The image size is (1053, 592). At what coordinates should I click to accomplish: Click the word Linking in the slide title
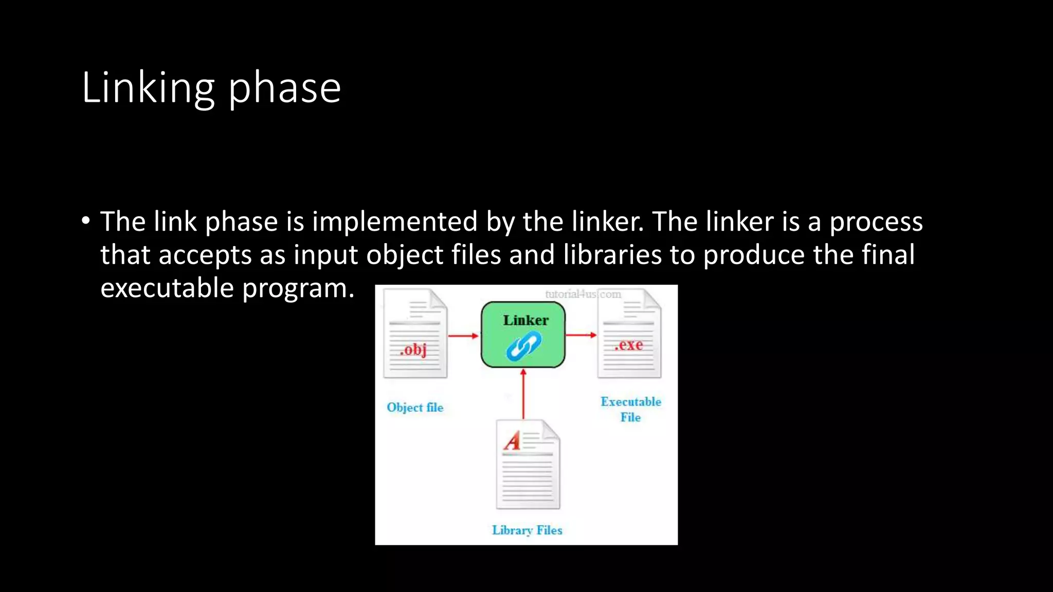click(x=148, y=88)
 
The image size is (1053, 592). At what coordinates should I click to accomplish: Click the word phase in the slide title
click(x=284, y=88)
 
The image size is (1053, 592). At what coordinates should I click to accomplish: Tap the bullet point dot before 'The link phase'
click(x=85, y=221)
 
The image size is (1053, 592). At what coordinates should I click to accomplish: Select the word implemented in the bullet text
click(x=395, y=221)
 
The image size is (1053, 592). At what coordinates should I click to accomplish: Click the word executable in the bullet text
click(x=167, y=288)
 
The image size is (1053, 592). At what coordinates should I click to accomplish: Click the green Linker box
click(x=523, y=335)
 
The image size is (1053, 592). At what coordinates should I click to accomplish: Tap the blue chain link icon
click(x=523, y=346)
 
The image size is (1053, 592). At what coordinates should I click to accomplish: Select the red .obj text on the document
click(x=414, y=349)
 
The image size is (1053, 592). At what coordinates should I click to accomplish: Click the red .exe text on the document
click(x=629, y=344)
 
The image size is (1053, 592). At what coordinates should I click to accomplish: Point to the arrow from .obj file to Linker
click(x=463, y=336)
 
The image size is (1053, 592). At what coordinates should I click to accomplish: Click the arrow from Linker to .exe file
click(x=581, y=335)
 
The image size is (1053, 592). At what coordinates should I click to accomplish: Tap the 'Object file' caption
click(x=415, y=408)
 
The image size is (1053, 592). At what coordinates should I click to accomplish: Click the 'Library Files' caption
click(x=527, y=530)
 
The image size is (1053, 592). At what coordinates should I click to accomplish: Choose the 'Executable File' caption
click(x=631, y=409)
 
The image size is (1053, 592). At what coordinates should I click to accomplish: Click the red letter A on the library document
click(x=513, y=440)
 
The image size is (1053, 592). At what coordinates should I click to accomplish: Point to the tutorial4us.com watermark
click(x=583, y=294)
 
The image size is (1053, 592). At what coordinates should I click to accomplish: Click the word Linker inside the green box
click(x=525, y=320)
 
